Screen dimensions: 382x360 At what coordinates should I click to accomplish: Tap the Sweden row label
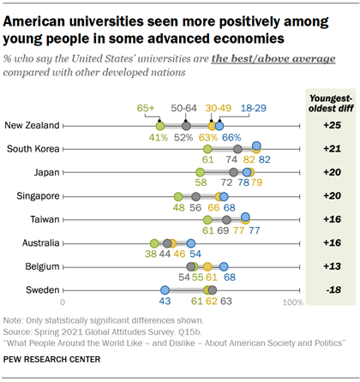(42, 290)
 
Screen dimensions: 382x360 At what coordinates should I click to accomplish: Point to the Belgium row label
(40, 266)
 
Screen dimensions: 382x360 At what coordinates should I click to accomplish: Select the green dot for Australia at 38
(153, 243)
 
